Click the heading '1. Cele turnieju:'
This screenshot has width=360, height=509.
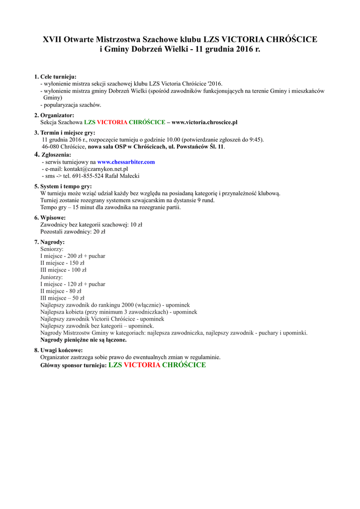pos(55,77)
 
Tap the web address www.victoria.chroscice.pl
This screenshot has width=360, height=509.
pos(204,122)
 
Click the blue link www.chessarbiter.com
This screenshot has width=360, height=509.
pos(126,162)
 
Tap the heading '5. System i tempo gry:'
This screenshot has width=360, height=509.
pos(63,186)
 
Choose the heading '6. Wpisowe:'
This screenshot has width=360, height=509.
pos(50,218)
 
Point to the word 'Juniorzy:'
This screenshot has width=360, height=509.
pos(51,277)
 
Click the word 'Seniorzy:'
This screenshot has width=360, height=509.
pos(51,249)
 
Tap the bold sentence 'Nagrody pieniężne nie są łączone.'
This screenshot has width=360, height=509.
pos(83,340)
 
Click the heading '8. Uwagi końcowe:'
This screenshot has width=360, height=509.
pos(58,350)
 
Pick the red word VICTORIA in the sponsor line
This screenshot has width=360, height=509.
pos(142,365)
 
